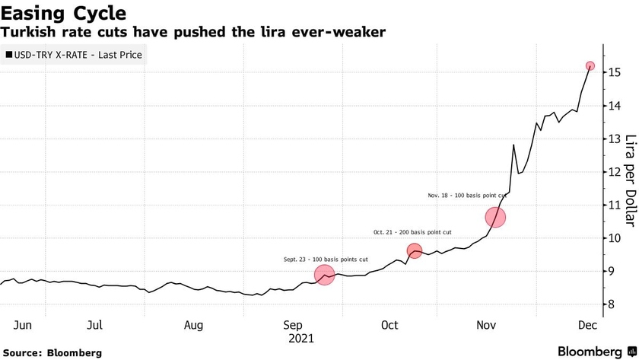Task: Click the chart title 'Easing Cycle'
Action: [63, 13]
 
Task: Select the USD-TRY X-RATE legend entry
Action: [74, 55]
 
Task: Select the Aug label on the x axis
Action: [193, 325]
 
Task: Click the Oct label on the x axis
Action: [389, 325]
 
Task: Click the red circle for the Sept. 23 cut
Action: [324, 275]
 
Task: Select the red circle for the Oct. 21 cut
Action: [415, 250]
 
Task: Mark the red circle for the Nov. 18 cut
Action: [495, 218]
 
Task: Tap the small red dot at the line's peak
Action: [590, 66]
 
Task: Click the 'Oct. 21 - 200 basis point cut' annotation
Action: [413, 232]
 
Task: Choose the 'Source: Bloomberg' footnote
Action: [52, 352]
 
